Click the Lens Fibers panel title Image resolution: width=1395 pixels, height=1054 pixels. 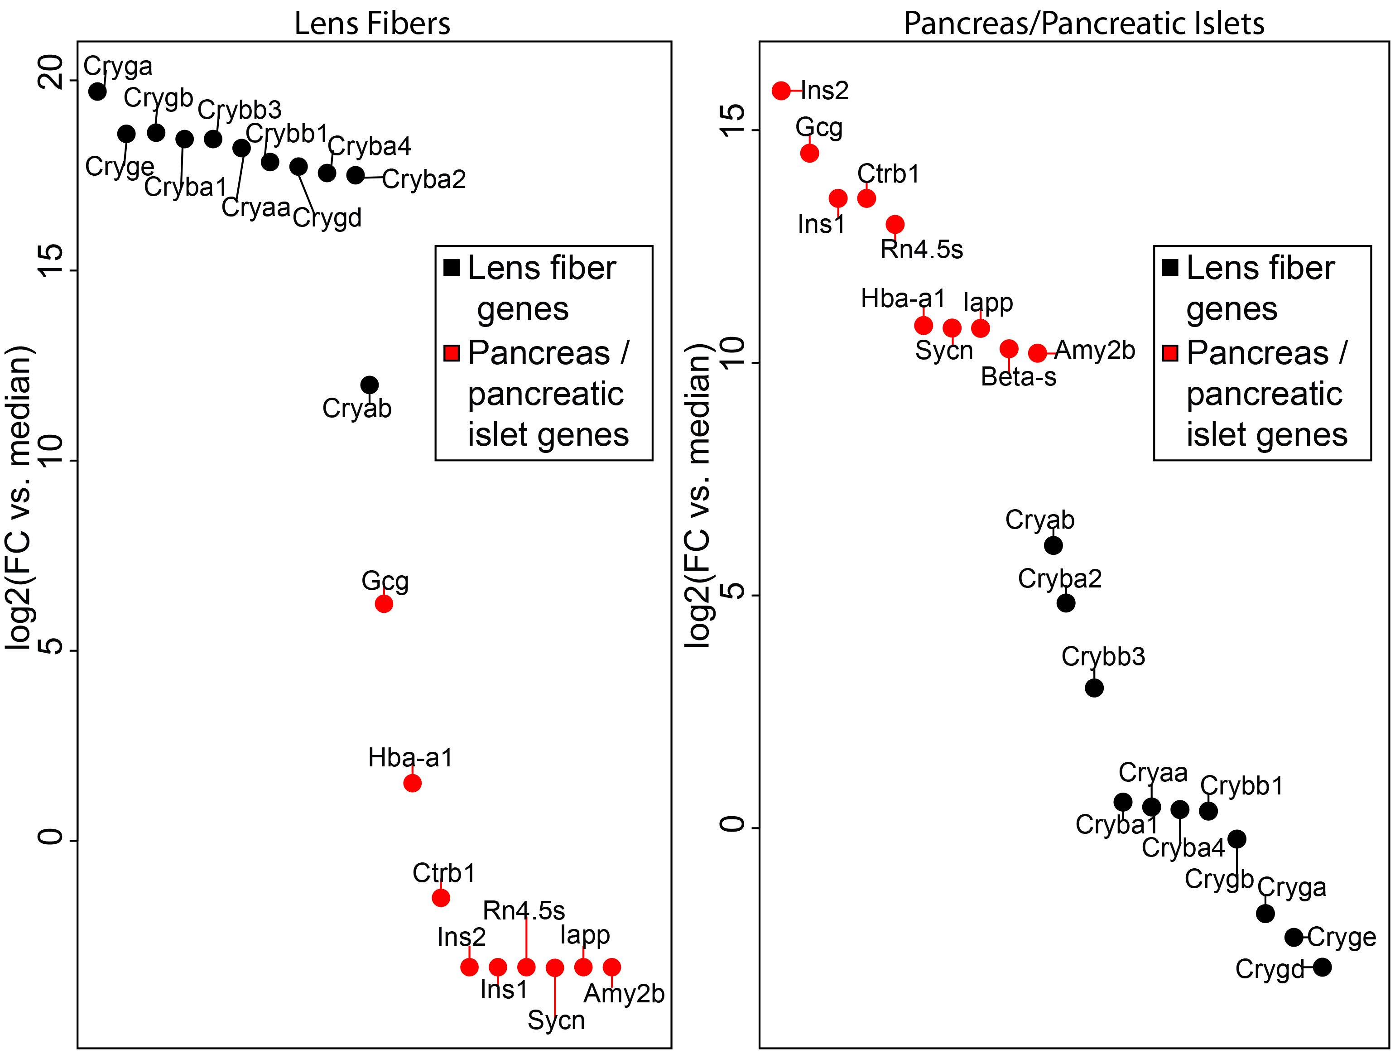372,24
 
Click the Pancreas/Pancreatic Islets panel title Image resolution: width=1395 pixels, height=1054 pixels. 1083,24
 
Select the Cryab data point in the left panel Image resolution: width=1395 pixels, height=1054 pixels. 370,385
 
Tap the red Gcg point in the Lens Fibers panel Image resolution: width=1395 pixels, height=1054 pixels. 384,604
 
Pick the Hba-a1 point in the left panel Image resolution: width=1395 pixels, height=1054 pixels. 412,783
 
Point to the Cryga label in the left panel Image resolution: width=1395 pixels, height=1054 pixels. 118,66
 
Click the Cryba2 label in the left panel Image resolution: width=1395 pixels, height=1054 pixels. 424,179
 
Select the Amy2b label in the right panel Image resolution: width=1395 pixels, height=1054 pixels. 1095,350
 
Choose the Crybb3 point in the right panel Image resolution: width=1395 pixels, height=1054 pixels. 1094,688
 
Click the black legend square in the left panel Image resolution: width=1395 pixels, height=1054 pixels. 452,267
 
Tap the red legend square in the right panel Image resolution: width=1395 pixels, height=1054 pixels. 1170,352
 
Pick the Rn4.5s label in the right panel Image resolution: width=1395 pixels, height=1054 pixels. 921,250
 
